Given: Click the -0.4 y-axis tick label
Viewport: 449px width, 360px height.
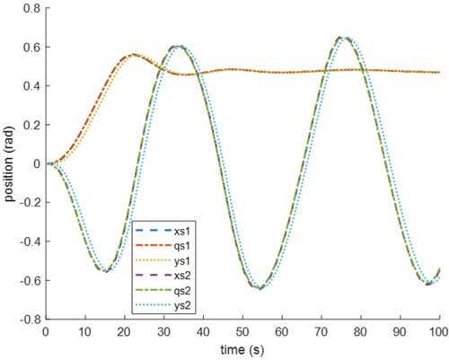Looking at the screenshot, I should click(28, 241).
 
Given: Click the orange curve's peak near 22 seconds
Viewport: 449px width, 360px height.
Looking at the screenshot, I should click(133, 54).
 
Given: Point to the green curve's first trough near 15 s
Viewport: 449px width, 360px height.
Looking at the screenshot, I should click(106, 270).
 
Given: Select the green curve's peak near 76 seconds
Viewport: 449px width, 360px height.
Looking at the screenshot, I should click(343, 38).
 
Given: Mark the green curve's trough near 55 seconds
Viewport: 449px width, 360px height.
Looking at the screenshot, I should click(260, 288).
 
